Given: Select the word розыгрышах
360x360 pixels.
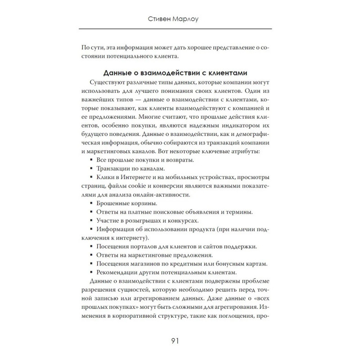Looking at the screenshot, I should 153,220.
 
